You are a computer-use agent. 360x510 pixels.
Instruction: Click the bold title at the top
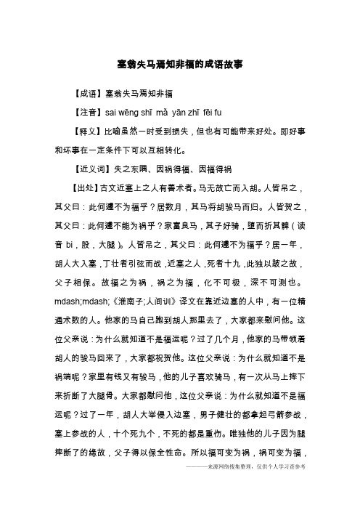click(179, 64)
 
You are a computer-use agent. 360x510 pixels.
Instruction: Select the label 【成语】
click(88, 94)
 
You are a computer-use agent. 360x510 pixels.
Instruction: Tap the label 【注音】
click(88, 113)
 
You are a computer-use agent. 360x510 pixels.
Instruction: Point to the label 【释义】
click(88, 133)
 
